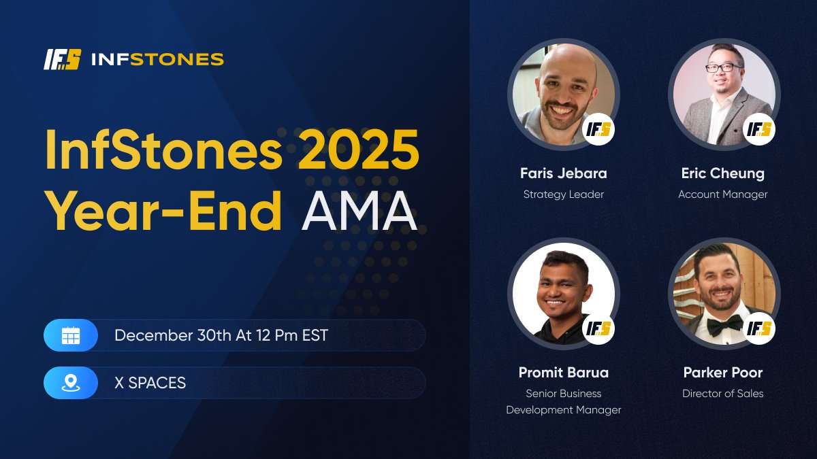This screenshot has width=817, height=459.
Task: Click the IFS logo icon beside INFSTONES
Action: coord(62,60)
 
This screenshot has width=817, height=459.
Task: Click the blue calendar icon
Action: coord(71,335)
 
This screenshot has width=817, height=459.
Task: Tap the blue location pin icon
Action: coord(71,383)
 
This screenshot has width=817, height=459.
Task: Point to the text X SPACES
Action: coord(150,383)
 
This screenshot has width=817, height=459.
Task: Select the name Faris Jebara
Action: coord(564,173)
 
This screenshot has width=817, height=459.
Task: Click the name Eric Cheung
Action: coord(722,173)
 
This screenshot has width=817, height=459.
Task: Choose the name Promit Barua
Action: coord(564,373)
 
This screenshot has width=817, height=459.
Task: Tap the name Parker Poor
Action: coord(722,373)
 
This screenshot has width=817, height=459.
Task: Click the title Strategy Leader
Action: coord(564,194)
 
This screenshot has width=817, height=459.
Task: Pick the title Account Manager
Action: coord(722,194)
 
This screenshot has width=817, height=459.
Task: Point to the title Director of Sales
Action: coord(722,394)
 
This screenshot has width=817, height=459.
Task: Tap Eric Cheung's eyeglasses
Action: coord(722,68)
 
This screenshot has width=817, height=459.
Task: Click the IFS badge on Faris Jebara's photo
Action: coord(599,129)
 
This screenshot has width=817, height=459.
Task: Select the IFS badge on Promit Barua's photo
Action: coord(599,328)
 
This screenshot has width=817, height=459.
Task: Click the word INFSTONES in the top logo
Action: coord(157,60)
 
